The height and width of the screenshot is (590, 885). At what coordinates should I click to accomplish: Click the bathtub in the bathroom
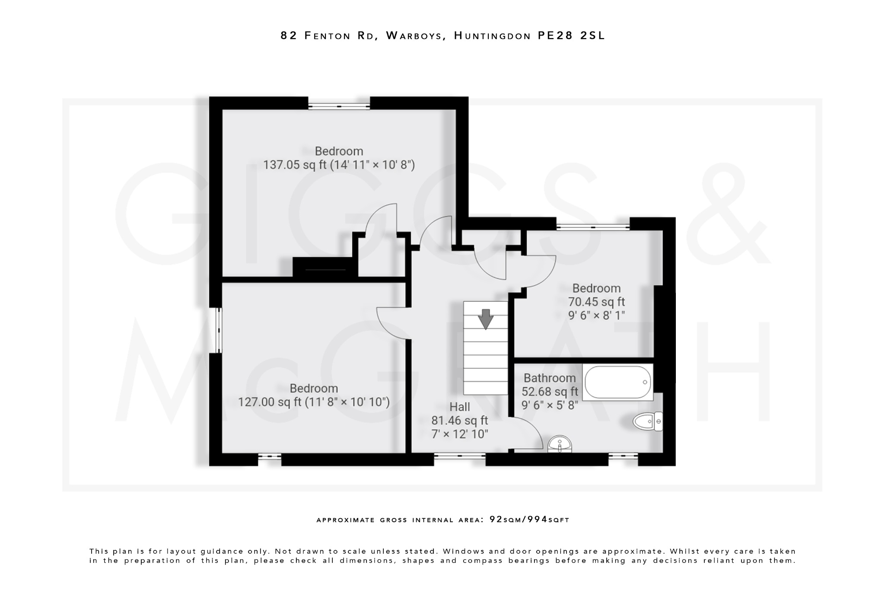pos(618,383)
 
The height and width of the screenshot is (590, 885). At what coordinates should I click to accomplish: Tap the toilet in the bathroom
pos(647,421)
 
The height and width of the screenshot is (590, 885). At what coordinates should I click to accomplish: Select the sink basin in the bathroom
pos(560,445)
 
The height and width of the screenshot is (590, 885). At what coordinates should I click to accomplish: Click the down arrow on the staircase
pos(486,319)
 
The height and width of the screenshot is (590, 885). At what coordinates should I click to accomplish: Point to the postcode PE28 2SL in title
pos(571,35)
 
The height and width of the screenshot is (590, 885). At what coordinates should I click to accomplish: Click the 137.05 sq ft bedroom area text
pos(339,165)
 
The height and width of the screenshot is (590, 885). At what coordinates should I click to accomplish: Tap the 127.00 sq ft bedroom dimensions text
pos(314,402)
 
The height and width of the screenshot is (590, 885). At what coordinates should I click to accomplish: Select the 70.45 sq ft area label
pos(596,302)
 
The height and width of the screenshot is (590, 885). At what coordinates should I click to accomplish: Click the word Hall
pos(459,407)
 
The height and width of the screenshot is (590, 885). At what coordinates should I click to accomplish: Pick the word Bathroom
pos(549,378)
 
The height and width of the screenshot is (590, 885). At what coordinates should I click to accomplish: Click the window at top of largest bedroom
pos(339,106)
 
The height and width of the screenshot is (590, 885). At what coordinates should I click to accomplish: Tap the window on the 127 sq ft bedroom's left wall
pos(219,330)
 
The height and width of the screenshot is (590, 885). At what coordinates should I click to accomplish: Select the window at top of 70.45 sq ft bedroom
pos(593,226)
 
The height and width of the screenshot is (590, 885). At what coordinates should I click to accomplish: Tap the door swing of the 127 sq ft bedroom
pos(391,324)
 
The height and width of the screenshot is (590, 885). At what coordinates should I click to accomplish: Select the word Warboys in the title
pos(416,35)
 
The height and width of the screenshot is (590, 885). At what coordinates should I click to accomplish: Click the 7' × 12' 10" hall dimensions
pos(460,434)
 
